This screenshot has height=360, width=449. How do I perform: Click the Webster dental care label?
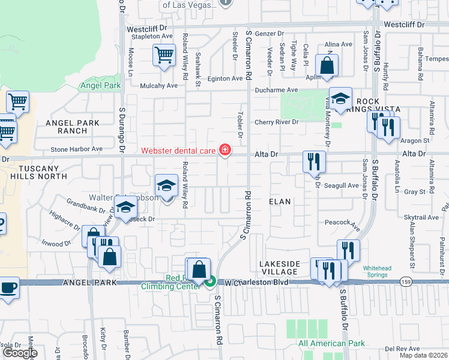point(178,150)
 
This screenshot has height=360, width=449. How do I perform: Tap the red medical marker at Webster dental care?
point(225,149)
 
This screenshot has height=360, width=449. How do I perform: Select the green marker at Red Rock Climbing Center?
point(210,280)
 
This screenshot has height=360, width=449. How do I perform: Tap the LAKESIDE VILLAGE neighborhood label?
point(279,268)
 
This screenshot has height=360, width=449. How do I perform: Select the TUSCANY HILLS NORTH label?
point(35,173)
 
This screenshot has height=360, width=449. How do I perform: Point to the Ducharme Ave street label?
point(276,90)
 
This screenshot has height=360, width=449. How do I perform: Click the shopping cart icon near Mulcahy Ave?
point(163,55)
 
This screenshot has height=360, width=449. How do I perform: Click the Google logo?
point(19,353)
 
